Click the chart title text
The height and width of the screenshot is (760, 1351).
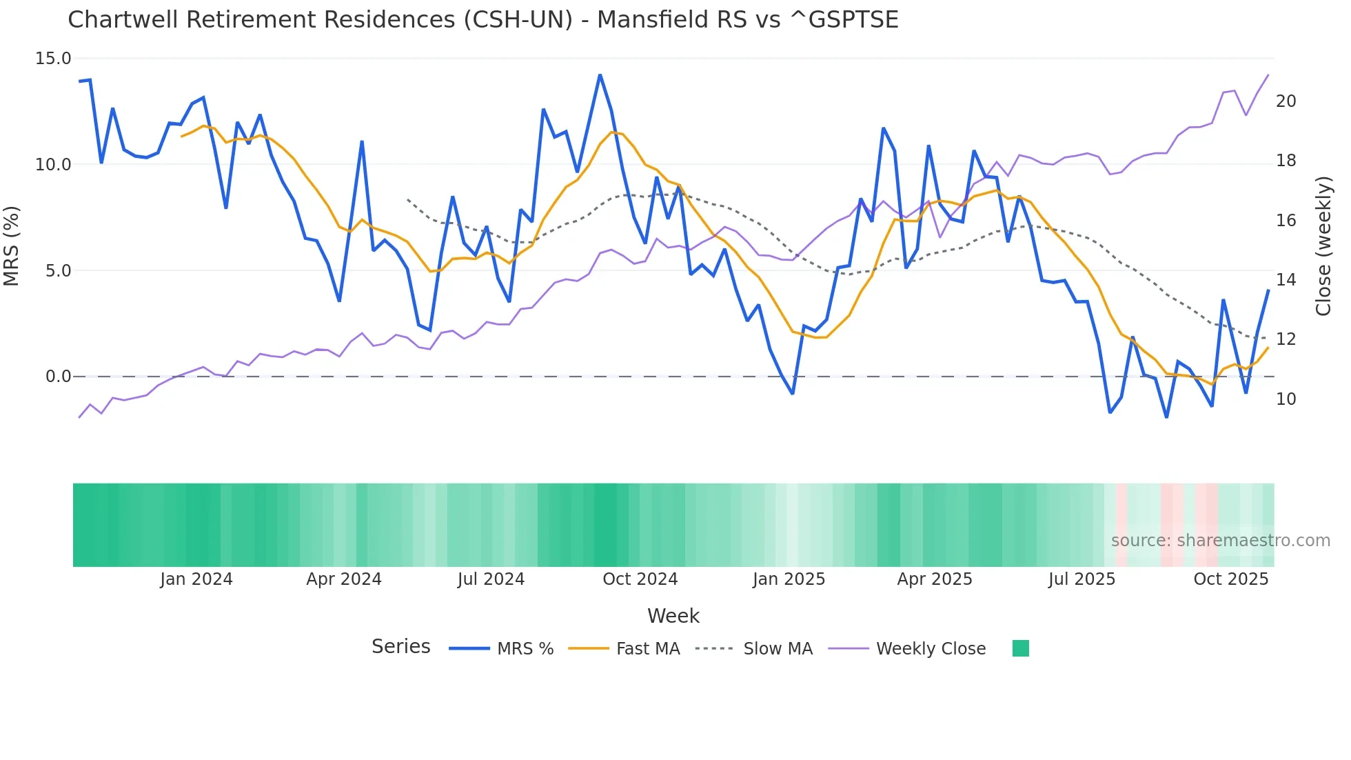pos(482,20)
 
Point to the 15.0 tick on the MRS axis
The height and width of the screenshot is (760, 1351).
pos(53,59)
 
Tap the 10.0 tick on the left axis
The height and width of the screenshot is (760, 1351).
pos(53,165)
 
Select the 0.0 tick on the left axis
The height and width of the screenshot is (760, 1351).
pos(58,377)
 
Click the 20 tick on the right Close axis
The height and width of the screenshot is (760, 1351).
pos(1286,101)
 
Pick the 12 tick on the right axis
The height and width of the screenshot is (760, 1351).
pos(1286,339)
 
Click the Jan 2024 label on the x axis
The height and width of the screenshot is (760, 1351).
pos(196,579)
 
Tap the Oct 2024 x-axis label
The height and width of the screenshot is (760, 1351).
pos(640,579)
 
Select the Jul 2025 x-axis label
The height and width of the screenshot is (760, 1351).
pos(1081,579)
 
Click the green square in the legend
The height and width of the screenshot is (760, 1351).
pos(1020,648)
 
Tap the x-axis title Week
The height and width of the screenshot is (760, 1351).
pos(673,616)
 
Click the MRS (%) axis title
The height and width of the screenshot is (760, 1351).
pos(12,246)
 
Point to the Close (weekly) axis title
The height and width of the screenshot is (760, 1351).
pos(1323,246)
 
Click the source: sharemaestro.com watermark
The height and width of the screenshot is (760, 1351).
pos(1220,541)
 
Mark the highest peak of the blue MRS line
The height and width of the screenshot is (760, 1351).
pos(600,75)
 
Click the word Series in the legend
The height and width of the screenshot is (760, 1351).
pos(400,647)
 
